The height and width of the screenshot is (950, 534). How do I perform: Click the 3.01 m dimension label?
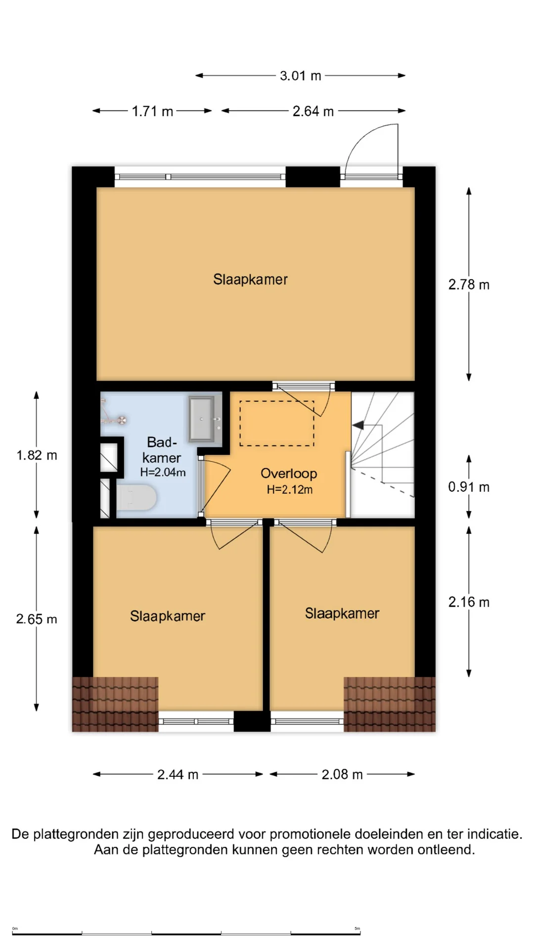[x=301, y=76]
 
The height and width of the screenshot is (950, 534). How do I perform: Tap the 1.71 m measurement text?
[x=152, y=111]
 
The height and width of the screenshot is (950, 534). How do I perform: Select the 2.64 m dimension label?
[x=313, y=111]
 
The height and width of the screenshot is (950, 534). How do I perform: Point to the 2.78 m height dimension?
[x=469, y=285]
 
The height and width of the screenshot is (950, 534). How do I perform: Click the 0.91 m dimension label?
[x=469, y=487]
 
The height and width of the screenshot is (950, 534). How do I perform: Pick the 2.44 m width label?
[x=178, y=774]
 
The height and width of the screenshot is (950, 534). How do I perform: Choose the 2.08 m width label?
[x=342, y=774]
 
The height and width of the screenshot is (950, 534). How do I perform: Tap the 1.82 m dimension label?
[x=37, y=455]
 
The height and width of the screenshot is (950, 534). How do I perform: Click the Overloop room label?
[x=289, y=474]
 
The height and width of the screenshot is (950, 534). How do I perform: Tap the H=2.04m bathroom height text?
[x=163, y=473]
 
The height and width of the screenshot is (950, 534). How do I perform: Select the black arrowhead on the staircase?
[x=357, y=425]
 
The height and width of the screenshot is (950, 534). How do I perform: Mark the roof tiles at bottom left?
[x=115, y=704]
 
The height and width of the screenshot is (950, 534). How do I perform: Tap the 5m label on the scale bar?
[x=357, y=929]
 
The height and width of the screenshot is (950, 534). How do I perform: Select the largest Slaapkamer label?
[x=250, y=280]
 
